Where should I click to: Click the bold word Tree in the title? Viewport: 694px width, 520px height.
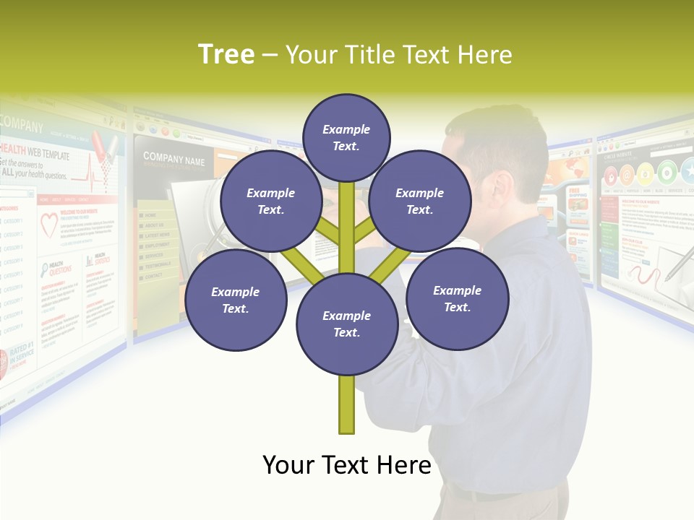tap(226, 55)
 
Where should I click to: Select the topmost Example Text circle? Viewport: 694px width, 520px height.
tap(346, 137)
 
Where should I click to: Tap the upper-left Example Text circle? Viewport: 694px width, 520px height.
tap(270, 201)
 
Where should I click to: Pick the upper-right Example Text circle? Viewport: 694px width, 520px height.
tap(419, 201)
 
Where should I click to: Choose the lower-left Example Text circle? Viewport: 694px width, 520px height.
tap(235, 300)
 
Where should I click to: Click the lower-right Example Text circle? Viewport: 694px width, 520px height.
tap(457, 299)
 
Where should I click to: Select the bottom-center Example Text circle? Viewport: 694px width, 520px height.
tap(346, 324)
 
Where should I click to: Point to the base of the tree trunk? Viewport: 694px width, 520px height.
tap(346, 426)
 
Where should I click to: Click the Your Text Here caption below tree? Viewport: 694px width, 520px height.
tap(346, 465)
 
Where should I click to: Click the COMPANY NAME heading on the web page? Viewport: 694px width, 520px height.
tap(173, 159)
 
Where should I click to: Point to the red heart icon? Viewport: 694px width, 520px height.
tap(48, 225)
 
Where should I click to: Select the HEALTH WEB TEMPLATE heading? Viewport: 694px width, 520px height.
tap(36, 155)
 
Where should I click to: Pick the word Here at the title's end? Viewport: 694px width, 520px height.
tap(486, 55)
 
